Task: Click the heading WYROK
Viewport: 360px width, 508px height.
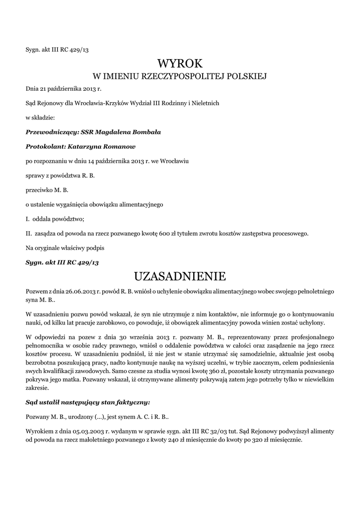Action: click(180, 63)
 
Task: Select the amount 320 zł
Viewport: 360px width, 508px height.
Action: click(267, 440)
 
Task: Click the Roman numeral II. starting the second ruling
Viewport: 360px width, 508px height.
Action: click(29, 233)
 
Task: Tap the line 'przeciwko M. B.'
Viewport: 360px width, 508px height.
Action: click(47, 190)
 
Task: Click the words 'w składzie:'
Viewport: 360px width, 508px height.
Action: click(40, 118)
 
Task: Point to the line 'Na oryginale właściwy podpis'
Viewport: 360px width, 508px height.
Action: click(66, 247)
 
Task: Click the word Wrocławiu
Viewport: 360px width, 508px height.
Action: click(172, 161)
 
